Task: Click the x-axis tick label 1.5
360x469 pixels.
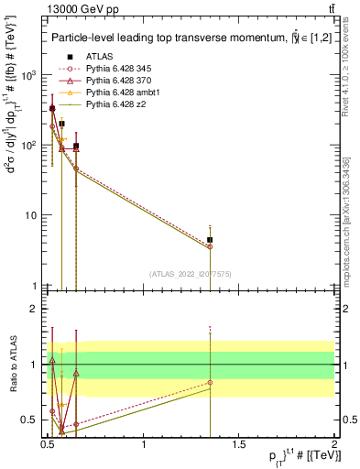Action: [x=239, y=445]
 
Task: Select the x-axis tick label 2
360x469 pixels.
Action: [x=334, y=445]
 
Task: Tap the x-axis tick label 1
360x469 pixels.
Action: [x=144, y=445]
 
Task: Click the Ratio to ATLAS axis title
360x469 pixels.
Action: [x=12, y=365]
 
